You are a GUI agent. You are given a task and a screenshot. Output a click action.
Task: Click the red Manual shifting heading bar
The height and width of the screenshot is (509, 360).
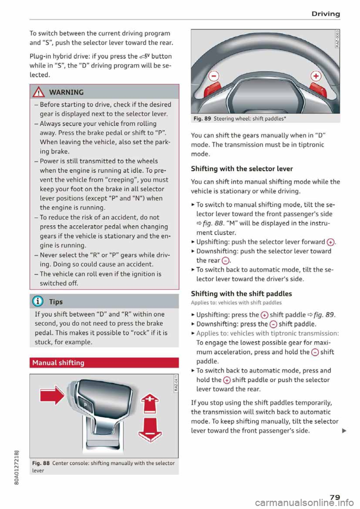(104, 363)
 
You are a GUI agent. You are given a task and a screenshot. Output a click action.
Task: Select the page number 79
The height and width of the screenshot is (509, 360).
(335, 497)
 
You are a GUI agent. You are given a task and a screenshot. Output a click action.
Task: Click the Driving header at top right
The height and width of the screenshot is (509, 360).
(325, 14)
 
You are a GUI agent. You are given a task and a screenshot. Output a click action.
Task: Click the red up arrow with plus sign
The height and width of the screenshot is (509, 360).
(150, 403)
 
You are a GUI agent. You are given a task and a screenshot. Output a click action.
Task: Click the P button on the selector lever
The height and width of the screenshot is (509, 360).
(85, 405)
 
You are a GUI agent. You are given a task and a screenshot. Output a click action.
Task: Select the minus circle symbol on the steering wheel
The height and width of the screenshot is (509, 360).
(214, 76)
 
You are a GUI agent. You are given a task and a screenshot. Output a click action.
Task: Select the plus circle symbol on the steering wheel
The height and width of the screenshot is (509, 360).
(316, 76)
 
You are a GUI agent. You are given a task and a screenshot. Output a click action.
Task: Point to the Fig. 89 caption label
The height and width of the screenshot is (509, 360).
(202, 119)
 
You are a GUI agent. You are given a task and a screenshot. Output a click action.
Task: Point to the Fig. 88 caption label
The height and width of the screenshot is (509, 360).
(41, 463)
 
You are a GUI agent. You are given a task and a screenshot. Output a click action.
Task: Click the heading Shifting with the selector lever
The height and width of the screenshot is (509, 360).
(241, 169)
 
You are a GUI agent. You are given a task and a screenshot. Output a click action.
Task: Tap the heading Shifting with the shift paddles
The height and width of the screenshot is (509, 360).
(241, 294)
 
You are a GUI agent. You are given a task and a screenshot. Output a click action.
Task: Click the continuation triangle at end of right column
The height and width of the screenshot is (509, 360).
(344, 431)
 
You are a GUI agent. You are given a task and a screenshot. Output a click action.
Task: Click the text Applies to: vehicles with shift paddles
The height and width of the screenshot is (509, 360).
(236, 303)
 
